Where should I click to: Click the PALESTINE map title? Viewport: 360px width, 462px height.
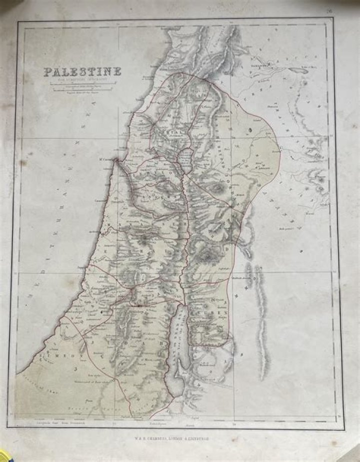[82, 72]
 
